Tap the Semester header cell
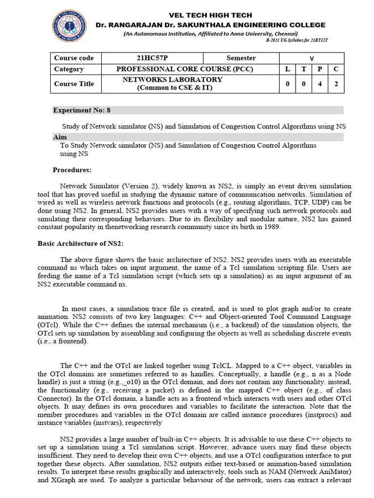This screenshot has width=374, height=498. tap(241, 58)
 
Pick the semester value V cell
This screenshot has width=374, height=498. tap(312, 58)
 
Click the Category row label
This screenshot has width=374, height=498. tap(69, 69)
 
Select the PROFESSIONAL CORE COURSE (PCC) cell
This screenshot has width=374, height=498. tap(185, 69)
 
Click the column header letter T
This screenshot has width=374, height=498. tap(304, 69)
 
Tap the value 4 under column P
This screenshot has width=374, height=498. tap(320, 84)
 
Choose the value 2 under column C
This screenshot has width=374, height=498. tap(336, 84)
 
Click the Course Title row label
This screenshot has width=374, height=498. tap(74, 84)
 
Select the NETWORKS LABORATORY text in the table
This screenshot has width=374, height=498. tap(172, 79)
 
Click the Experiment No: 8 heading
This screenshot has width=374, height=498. tap(82, 110)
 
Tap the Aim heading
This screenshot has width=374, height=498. tap(60, 137)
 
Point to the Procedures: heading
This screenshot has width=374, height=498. tap(72, 170)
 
